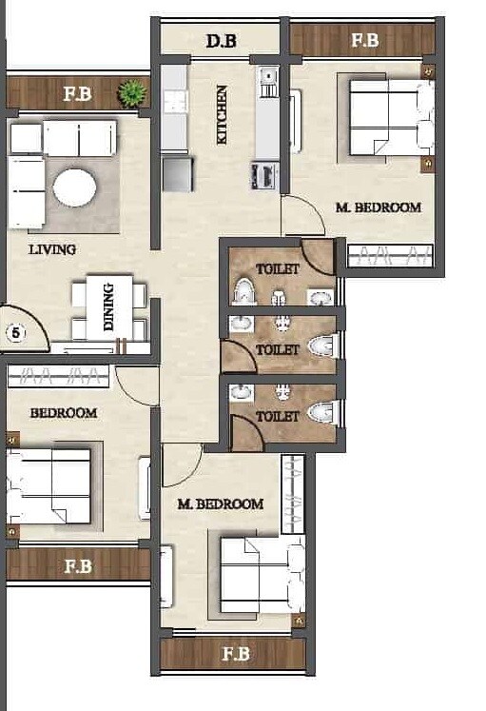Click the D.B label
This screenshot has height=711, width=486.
223,41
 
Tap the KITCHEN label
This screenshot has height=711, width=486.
222,114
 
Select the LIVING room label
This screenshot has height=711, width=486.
52,249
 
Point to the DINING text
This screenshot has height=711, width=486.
107,306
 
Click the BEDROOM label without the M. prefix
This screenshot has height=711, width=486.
63,413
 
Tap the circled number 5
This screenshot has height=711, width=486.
14,333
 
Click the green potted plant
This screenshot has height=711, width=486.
131,93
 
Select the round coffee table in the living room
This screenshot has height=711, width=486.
74,188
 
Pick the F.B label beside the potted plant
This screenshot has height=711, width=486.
78,93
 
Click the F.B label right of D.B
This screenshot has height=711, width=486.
364,41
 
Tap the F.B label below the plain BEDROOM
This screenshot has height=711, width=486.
78,565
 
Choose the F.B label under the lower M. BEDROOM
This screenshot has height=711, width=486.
235,654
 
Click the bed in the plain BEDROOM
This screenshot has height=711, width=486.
52,485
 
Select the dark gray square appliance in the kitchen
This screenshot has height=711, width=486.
177,174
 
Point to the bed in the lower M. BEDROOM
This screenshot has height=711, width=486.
261,575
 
